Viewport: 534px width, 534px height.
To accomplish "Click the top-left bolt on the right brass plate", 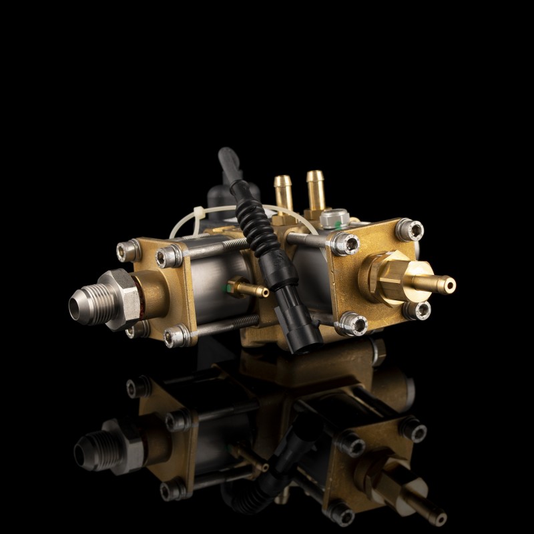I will click(345, 244).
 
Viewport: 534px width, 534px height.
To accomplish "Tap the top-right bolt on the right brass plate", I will click(410, 230).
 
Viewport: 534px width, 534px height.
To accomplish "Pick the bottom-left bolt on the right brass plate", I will click(352, 324).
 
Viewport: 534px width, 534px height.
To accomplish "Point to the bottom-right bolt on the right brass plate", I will click(416, 310).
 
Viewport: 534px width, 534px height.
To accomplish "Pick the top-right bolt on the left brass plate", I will click(170, 256).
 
